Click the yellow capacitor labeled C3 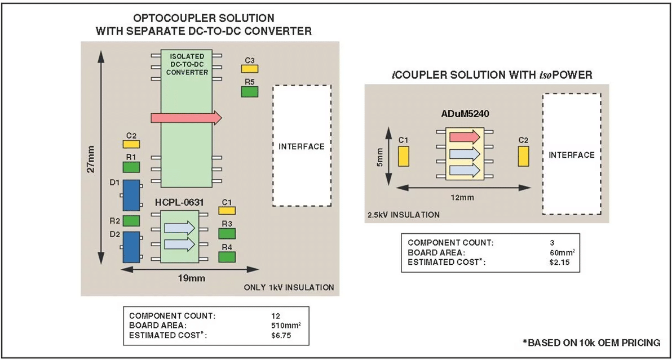249,68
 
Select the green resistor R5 249,91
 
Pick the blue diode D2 131,246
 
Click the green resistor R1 131,167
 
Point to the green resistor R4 227,257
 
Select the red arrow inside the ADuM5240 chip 464,136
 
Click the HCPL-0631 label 179,202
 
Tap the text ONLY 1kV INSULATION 289,287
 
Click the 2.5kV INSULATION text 403,215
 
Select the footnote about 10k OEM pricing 591,343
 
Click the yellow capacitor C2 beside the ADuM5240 522,156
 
